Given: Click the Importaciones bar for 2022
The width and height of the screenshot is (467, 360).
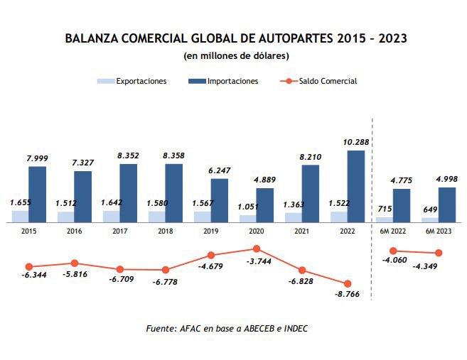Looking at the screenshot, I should click(356, 186).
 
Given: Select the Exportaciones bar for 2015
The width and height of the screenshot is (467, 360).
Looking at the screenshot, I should click(21, 216).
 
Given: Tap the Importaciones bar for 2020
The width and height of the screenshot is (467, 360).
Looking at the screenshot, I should click(265, 204).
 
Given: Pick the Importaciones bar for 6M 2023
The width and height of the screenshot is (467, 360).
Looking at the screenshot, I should click(447, 204).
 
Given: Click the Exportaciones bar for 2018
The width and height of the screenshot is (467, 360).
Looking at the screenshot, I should click(157, 216).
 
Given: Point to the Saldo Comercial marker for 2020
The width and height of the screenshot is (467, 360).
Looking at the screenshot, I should click(257, 249).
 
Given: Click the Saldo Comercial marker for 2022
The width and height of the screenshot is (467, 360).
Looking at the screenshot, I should click(348, 283).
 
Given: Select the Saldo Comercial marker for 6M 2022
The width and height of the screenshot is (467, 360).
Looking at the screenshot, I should click(393, 251).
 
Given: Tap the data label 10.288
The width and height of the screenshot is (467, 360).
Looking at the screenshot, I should click(356, 143).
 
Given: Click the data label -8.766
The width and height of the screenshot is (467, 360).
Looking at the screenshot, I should click(346, 298).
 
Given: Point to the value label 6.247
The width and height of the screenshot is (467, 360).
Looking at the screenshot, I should click(220, 171).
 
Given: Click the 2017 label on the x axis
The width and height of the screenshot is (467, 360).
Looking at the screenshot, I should click(120, 230).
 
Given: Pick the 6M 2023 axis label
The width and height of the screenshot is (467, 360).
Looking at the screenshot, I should click(439, 230).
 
